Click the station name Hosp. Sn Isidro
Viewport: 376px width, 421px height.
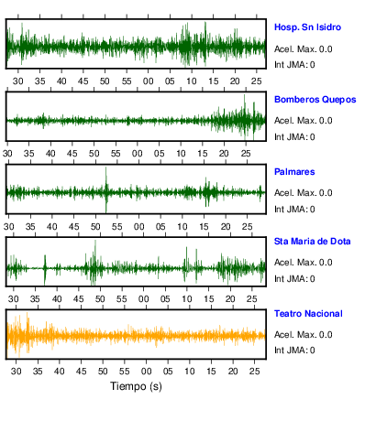pyautogui.click(x=307, y=27)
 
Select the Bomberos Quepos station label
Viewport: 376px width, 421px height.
pyautogui.click(x=315, y=100)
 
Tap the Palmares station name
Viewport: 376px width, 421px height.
pyautogui.click(x=294, y=172)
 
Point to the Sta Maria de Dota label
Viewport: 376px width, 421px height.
pyautogui.click(x=312, y=242)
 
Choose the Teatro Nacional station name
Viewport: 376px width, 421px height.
pyautogui.click(x=308, y=314)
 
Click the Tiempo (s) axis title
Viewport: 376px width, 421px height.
pyautogui.click(x=136, y=386)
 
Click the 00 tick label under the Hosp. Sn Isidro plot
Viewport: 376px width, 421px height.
pyautogui.click(x=149, y=81)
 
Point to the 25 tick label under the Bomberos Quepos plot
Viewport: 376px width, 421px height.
pyautogui.click(x=246, y=153)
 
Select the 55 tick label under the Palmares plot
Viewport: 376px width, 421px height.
pyautogui.click(x=116, y=227)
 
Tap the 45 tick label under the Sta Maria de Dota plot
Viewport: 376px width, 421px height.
pyautogui.click(x=78, y=298)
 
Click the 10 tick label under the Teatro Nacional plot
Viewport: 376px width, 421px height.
pyautogui.click(x=190, y=372)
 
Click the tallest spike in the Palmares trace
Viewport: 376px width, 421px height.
pyautogui.click(x=106, y=167)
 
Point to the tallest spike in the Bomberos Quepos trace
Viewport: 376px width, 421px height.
pyautogui.click(x=244, y=95)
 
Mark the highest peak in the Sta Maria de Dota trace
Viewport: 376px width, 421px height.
pyautogui.click(x=95, y=241)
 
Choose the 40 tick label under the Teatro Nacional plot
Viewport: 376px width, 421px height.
pyautogui.click(x=60, y=372)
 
